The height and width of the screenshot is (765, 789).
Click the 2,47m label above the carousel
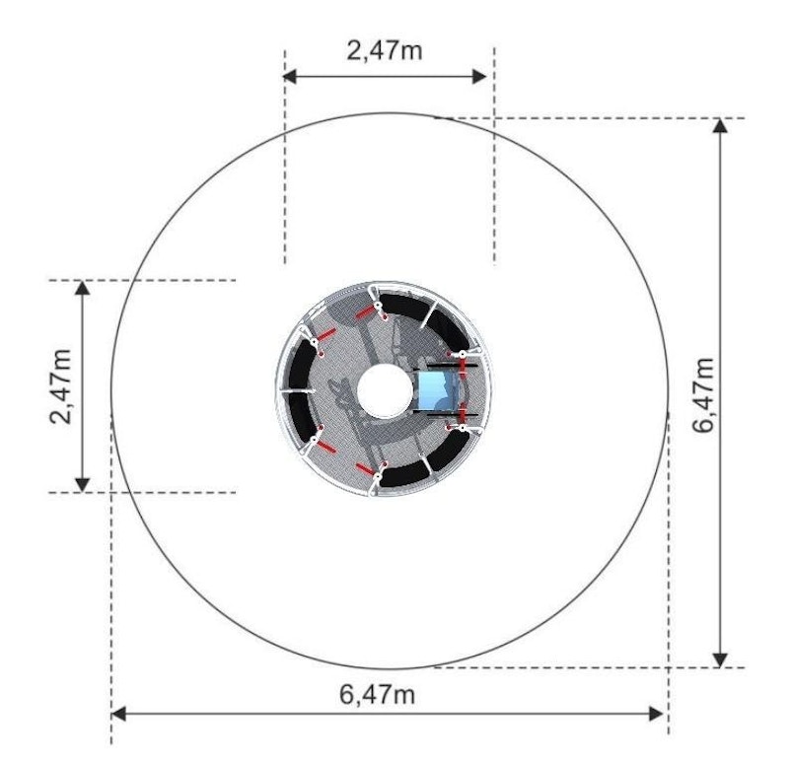tap(385, 50)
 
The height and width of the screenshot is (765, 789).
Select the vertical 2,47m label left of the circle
tap(61, 386)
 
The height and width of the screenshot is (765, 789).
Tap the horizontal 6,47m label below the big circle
tap(377, 695)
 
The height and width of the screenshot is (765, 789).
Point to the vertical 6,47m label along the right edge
tap(703, 395)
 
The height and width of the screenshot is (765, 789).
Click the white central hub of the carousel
tap(383, 390)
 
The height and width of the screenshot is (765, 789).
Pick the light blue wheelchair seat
tap(437, 390)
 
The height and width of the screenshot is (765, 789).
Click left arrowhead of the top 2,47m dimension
tap(289, 77)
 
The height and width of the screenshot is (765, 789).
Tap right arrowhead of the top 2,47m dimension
tap(479, 77)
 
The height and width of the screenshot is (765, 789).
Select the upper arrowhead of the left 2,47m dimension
tap(82, 288)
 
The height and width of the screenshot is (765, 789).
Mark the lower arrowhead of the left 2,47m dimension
tap(82, 484)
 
